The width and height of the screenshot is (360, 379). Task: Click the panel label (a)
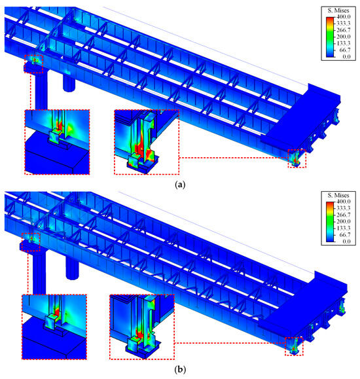[180, 186]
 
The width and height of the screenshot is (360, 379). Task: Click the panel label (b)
[180, 370]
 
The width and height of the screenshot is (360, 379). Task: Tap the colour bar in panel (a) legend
[331, 37]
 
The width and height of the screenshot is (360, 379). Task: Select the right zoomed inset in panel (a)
[146, 142]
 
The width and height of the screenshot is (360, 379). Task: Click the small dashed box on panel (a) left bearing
[33, 63]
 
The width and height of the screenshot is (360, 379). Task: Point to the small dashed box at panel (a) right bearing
[297, 158]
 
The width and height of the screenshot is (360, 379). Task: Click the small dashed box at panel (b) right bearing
[295, 345]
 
